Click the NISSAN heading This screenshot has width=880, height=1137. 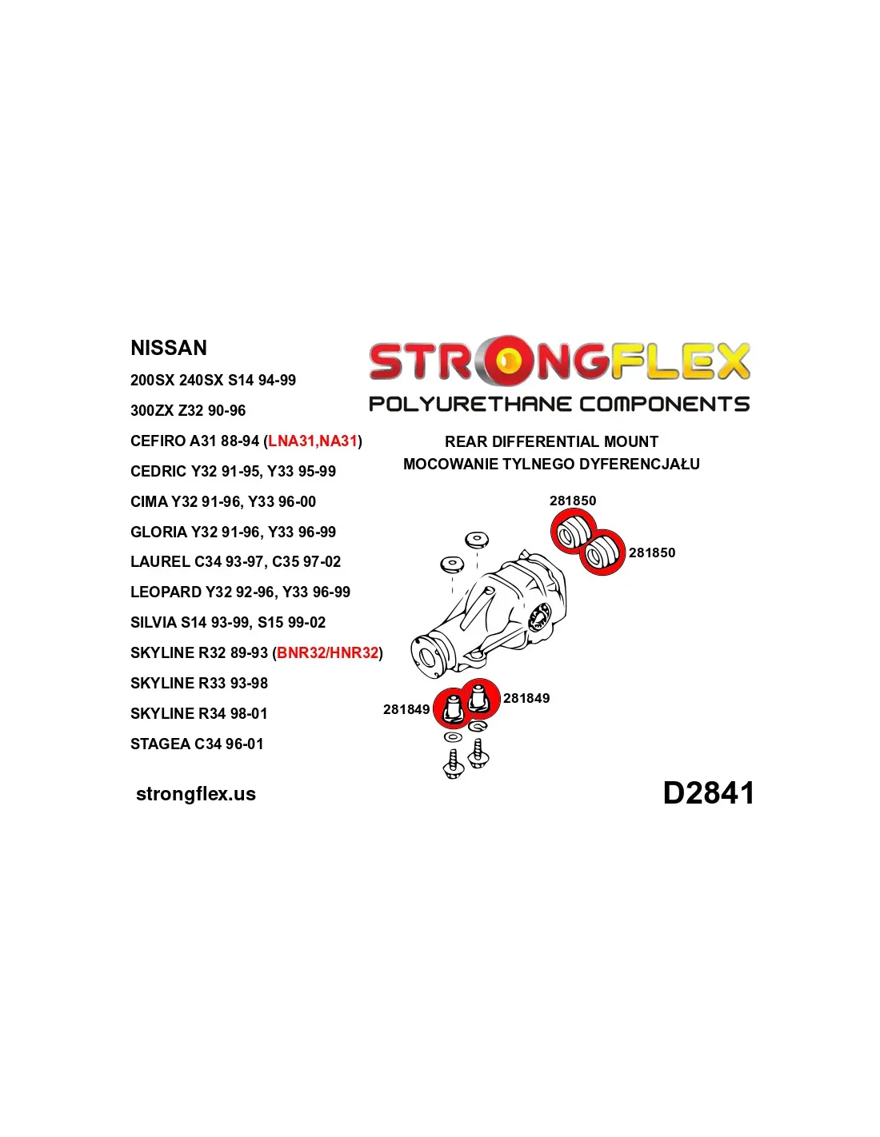(168, 347)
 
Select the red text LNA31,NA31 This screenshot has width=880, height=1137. (312, 441)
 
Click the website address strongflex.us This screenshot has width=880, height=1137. (196, 793)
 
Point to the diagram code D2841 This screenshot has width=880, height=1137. (708, 792)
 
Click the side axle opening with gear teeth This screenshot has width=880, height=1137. (540, 616)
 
